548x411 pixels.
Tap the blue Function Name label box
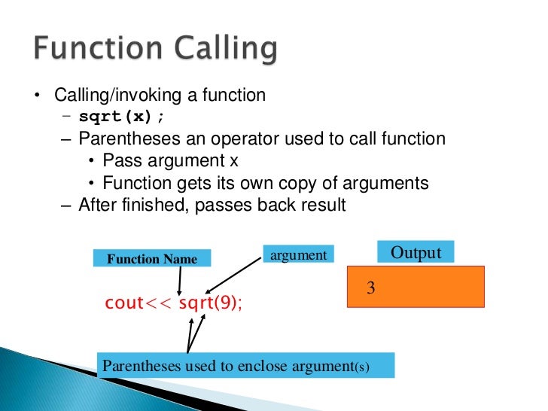tap(152, 259)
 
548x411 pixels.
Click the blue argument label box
tap(298, 255)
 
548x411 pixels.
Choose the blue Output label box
tap(416, 252)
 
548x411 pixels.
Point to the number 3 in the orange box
tap(370, 288)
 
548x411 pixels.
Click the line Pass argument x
tap(175, 161)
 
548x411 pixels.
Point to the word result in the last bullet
tap(321, 205)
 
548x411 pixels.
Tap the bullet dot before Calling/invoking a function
tap(35, 96)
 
